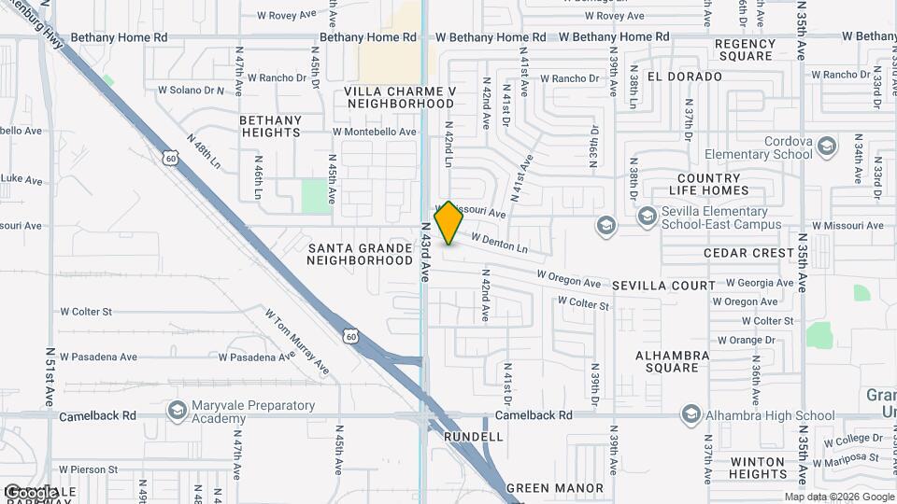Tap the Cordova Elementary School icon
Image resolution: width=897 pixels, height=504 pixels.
pyautogui.click(x=826, y=146)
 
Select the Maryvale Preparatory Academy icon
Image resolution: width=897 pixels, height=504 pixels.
pyautogui.click(x=177, y=411)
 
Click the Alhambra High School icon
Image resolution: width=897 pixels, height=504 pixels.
pyautogui.click(x=691, y=414)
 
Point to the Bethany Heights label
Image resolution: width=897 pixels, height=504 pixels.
pyautogui.click(x=270, y=126)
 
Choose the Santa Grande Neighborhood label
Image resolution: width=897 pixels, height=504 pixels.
pyautogui.click(x=360, y=254)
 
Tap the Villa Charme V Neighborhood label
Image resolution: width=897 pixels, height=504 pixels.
pyautogui.click(x=400, y=97)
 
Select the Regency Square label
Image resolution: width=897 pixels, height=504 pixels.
pyautogui.click(x=745, y=49)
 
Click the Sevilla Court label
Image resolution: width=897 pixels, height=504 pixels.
pyautogui.click(x=663, y=286)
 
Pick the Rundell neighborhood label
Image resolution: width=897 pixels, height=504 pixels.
pyautogui.click(x=473, y=437)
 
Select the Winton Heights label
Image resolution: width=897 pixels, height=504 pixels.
pyautogui.click(x=758, y=468)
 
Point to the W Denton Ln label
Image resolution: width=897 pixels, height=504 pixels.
pyautogui.click(x=499, y=244)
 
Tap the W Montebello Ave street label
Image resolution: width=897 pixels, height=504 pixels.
pyautogui.click(x=374, y=133)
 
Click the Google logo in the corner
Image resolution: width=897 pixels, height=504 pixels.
pyautogui.click(x=31, y=492)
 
